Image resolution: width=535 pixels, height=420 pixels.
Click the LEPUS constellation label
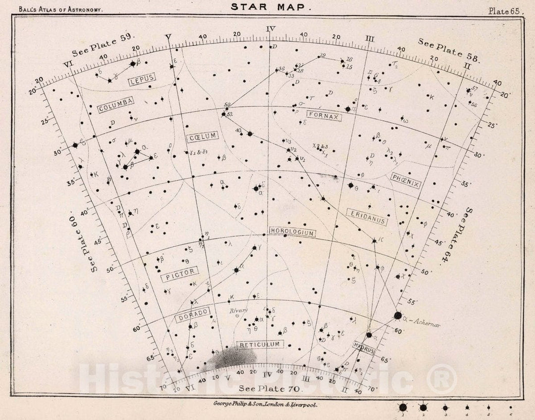(142, 78)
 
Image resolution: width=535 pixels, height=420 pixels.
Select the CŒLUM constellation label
(202, 137)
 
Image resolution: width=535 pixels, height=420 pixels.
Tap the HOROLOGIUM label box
(292, 232)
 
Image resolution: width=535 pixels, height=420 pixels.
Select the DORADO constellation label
(192, 315)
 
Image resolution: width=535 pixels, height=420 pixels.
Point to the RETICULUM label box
(261, 344)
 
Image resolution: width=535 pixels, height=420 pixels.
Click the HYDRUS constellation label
(364, 347)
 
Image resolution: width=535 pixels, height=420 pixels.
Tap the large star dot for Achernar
(398, 315)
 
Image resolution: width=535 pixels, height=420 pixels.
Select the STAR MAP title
(270, 7)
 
